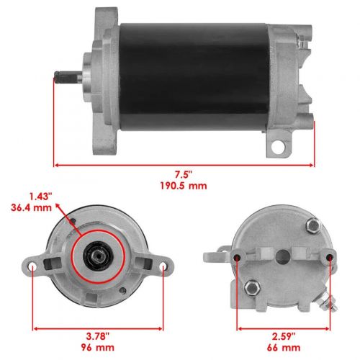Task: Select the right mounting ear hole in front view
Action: [163, 269]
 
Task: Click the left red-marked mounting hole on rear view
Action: [238, 257]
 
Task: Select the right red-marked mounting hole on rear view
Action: [330, 257]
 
